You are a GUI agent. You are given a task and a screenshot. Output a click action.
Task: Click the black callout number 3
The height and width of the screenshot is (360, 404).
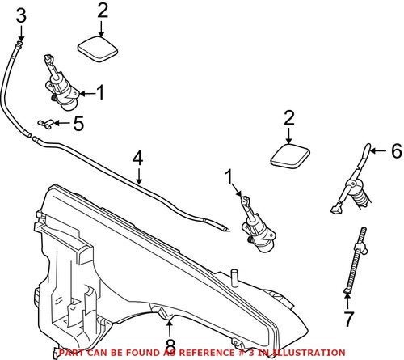tap(21, 14)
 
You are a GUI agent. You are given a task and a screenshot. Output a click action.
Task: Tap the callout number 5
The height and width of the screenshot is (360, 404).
tap(78, 124)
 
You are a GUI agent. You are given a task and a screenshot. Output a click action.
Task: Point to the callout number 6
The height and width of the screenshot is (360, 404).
tap(395, 150)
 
